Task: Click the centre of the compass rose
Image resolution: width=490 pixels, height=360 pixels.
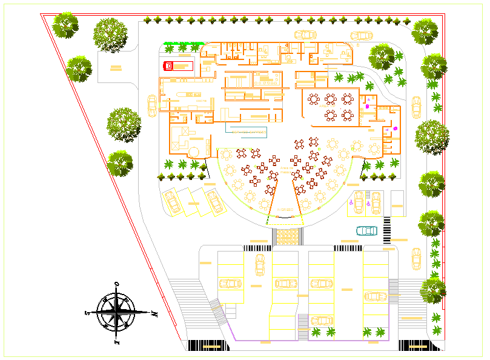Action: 116,313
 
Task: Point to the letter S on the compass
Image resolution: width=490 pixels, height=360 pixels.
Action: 87,313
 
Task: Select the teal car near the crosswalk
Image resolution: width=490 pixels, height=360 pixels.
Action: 366,230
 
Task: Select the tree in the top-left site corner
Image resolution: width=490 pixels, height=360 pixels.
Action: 65,25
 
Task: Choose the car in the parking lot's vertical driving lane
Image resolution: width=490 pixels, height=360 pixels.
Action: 260,264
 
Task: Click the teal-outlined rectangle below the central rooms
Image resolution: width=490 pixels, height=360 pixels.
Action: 245,130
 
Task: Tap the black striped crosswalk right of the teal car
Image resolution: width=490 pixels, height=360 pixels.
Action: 387,230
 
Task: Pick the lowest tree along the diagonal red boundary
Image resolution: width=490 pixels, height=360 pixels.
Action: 120,163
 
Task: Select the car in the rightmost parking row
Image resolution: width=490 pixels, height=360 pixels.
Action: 376,296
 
